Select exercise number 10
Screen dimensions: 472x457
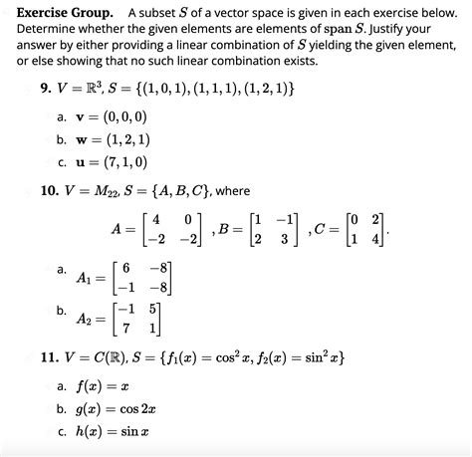(42, 191)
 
